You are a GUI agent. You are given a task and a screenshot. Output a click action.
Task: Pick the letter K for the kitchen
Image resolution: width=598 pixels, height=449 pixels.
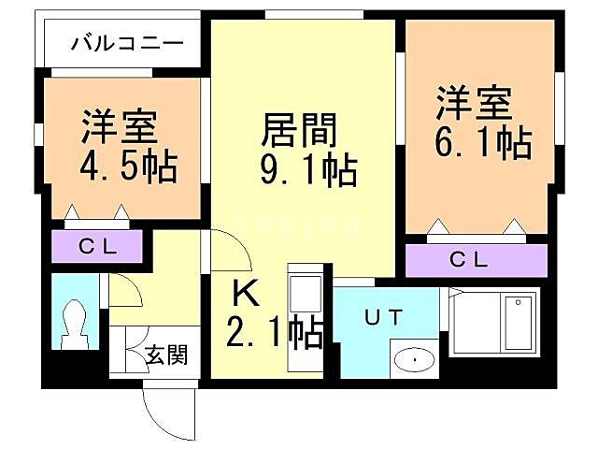(246, 294)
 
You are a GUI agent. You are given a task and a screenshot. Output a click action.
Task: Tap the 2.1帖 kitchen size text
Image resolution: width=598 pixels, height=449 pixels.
(276, 332)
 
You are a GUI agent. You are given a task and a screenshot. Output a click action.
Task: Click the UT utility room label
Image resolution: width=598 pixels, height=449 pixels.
(385, 318)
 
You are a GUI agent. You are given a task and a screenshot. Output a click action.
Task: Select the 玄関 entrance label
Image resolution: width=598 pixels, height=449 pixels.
(166, 355)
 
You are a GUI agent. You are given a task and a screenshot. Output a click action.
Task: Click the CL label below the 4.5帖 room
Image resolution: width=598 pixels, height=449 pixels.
(96, 247)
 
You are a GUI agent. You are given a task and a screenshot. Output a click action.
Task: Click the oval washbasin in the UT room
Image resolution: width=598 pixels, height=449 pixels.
(412, 359)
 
